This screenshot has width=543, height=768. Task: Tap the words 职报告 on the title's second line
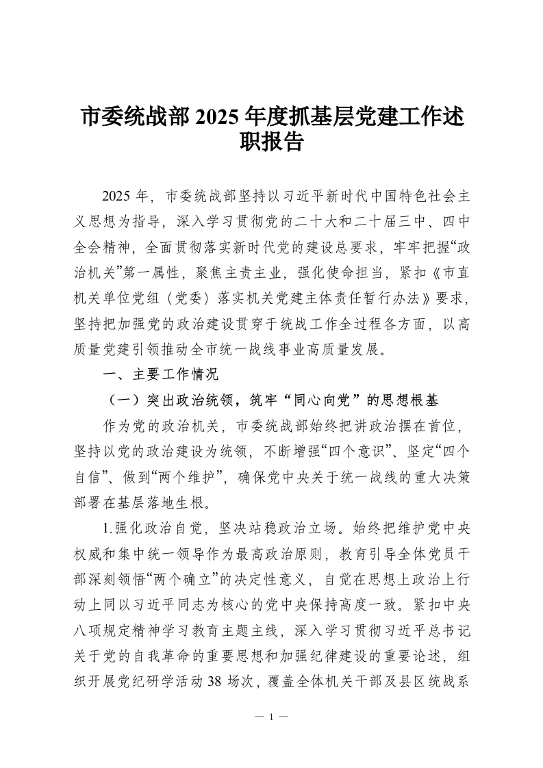pyautogui.click(x=271, y=142)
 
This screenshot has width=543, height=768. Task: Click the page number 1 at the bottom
pyautogui.click(x=271, y=717)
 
